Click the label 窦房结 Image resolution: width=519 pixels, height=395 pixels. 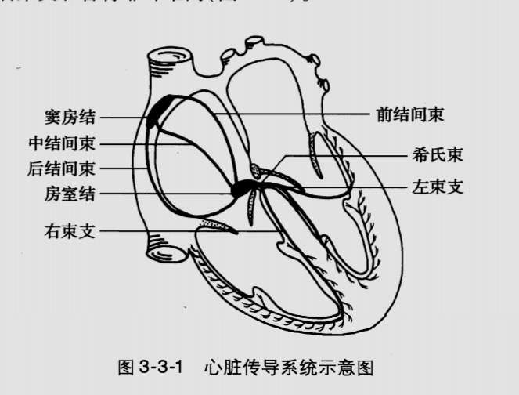pyautogui.click(x=70, y=118)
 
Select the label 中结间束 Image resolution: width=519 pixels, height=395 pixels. pyautogui.click(x=62, y=143)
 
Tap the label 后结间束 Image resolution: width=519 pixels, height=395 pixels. pyautogui.click(x=62, y=168)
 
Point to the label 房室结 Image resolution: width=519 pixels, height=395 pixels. pyautogui.click(x=70, y=193)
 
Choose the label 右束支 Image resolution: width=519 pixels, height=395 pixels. pyautogui.click(x=70, y=231)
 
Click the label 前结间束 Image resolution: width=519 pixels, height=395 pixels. pyautogui.click(x=407, y=114)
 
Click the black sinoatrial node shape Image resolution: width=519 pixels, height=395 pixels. pyautogui.click(x=157, y=111)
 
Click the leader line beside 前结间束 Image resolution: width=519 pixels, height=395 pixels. pyautogui.click(x=297, y=114)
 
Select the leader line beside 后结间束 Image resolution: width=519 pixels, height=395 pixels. pyautogui.click(x=121, y=168)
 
